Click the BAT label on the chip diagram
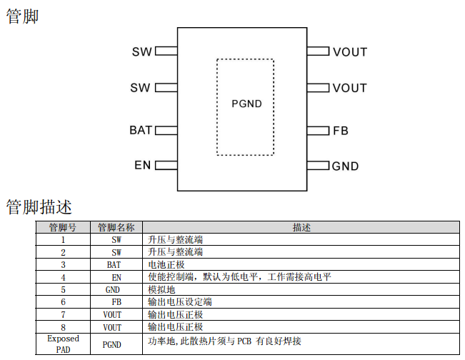point(141,130)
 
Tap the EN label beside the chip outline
point(143,166)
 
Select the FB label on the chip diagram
point(341,131)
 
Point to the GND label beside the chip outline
point(345,166)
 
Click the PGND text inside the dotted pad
point(246,104)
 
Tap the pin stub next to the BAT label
point(166,130)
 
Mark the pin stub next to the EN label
point(166,166)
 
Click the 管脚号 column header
point(63,227)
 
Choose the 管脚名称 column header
point(116,227)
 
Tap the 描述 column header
point(301,227)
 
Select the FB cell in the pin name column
point(116,302)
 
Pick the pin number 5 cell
point(63,289)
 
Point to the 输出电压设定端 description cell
point(179,302)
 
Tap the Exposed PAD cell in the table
point(63,344)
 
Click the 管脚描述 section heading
point(39,207)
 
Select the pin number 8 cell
point(63,327)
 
